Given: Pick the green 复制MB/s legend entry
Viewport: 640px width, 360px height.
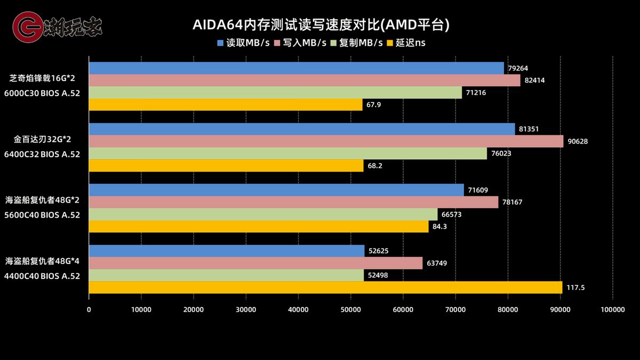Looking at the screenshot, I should tap(357, 43).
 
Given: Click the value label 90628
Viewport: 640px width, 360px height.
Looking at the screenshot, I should tap(578, 141).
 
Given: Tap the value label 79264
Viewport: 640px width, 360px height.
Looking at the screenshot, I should tap(518, 68).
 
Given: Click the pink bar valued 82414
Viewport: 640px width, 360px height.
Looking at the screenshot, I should tap(304, 80).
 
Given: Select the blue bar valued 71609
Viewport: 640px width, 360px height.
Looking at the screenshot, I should tap(276, 190).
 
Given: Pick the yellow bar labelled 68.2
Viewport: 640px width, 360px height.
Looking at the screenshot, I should tap(226, 165).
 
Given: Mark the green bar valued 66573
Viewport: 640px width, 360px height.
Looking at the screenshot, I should tap(262, 214).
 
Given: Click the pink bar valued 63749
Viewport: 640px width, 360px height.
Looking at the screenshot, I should tap(255, 263).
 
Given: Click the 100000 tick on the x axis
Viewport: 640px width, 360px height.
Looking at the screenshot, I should tap(612, 309).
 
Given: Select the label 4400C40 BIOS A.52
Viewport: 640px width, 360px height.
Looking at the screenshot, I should tap(42, 276).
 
